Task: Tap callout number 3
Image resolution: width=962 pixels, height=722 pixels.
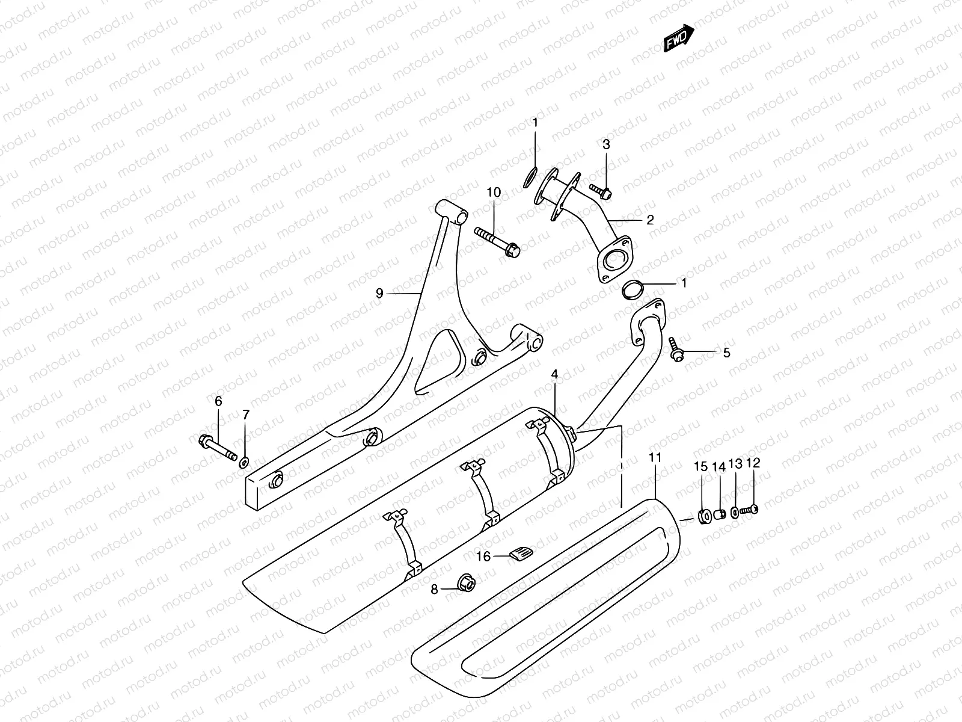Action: (606, 144)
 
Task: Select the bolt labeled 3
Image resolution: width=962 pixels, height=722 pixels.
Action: (600, 191)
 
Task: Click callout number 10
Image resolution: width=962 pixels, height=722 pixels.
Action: (494, 193)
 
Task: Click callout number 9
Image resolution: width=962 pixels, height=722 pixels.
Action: (379, 294)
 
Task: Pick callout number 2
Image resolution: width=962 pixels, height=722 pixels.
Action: (650, 220)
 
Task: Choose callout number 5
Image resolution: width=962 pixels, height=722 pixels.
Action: (726, 353)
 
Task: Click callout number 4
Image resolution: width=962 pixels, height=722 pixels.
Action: (554, 374)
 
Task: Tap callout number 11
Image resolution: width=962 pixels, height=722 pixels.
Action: (655, 458)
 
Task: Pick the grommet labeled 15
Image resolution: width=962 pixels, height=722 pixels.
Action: (703, 516)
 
